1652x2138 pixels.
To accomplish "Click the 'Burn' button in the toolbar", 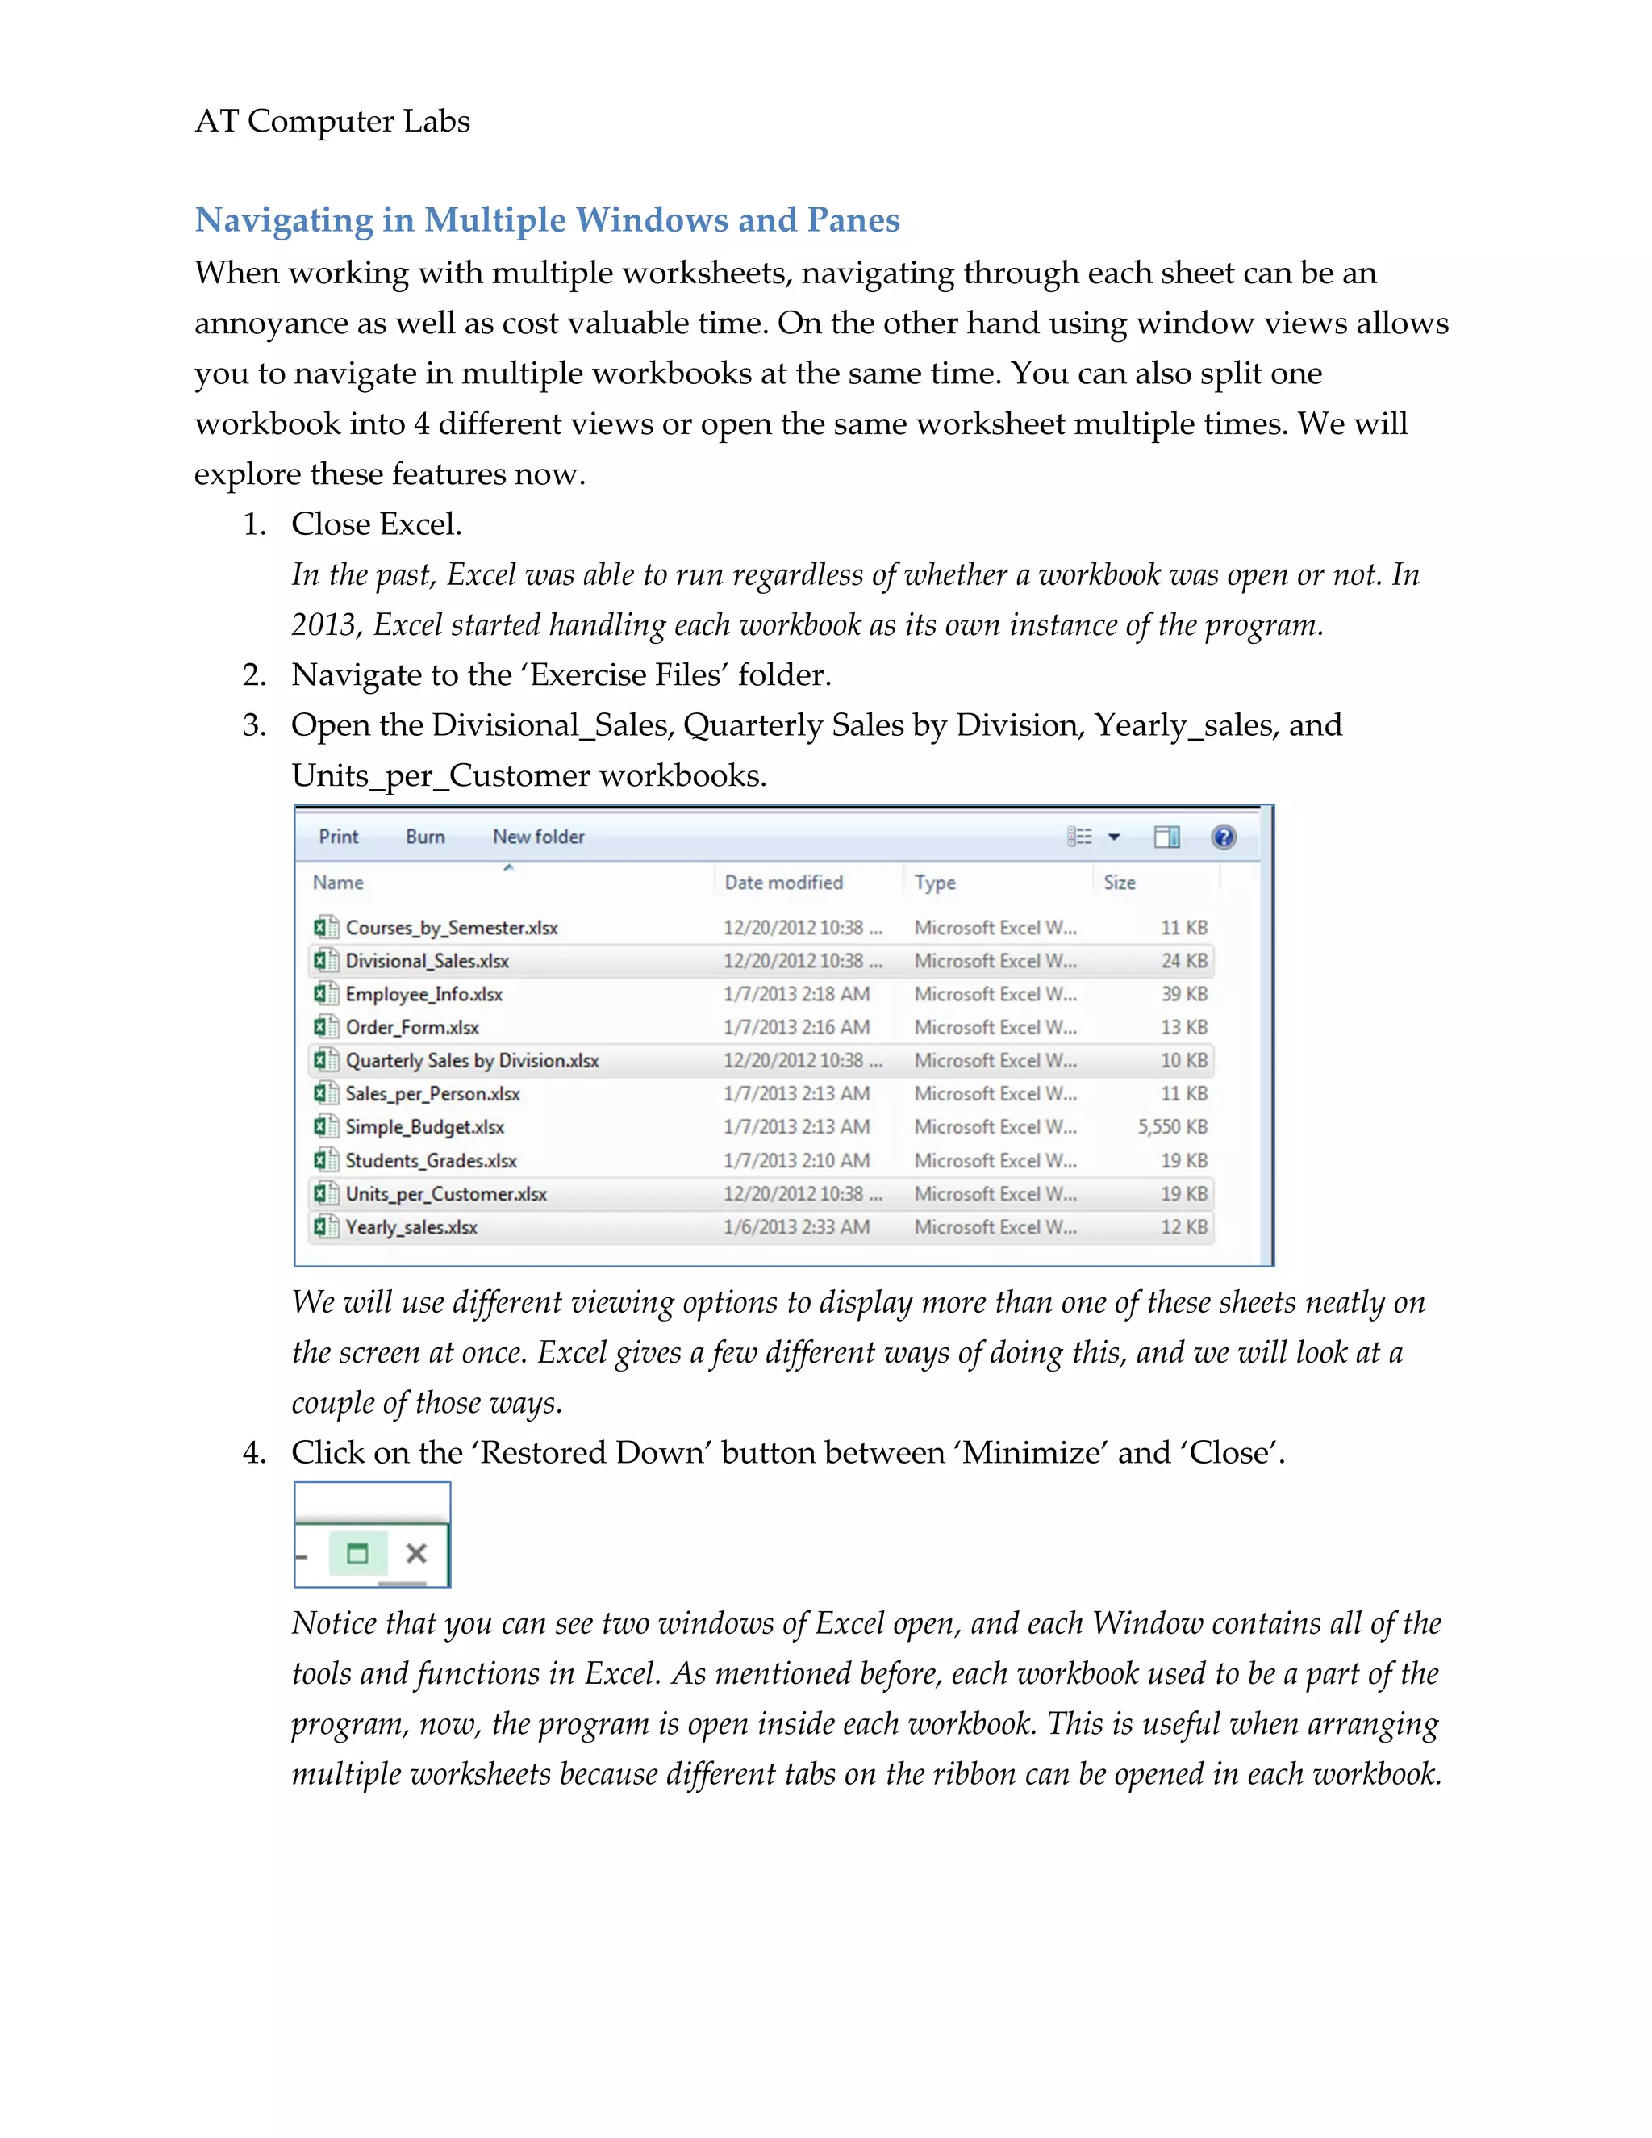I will pyautogui.click(x=425, y=837).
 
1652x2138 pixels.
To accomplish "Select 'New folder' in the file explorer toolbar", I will pyautogui.click(x=538, y=837).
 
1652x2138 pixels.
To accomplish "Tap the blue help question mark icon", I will pyautogui.click(x=1224, y=837).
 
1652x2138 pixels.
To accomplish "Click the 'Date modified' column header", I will pyautogui.click(x=783, y=882).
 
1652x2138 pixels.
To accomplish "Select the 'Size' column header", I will pyautogui.click(x=1120, y=882).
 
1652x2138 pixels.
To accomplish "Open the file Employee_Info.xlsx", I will pyautogui.click(x=423, y=995).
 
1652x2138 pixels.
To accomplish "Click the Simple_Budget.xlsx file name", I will pyautogui.click(x=425, y=1128).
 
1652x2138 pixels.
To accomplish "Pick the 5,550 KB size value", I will pyautogui.click(x=1171, y=1128).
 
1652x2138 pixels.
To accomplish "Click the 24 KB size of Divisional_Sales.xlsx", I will pyautogui.click(x=1183, y=962).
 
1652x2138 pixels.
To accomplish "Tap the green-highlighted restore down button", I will pyautogui.click(x=358, y=1554).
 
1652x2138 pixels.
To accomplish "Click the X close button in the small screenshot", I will pyautogui.click(x=417, y=1554).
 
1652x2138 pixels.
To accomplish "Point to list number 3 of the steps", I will pyautogui.click(x=253, y=725).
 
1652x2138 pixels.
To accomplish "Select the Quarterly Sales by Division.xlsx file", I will pyautogui.click(x=472, y=1061).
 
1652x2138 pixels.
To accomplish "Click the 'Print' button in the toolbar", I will pyautogui.click(x=339, y=837).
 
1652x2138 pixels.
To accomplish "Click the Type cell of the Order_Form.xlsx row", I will pyautogui.click(x=995, y=1028).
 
